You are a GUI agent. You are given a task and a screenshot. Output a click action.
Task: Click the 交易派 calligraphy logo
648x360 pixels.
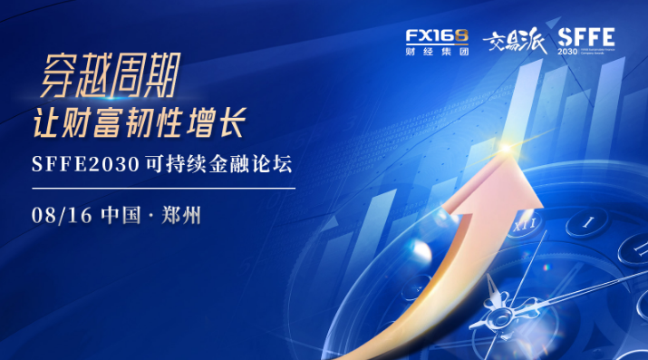pos(513,42)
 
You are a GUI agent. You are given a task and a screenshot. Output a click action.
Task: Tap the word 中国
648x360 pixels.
pos(120,216)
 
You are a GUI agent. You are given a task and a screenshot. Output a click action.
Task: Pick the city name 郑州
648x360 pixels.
pos(181,216)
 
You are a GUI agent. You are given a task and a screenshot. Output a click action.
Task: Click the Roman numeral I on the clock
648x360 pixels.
pos(588,220)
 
